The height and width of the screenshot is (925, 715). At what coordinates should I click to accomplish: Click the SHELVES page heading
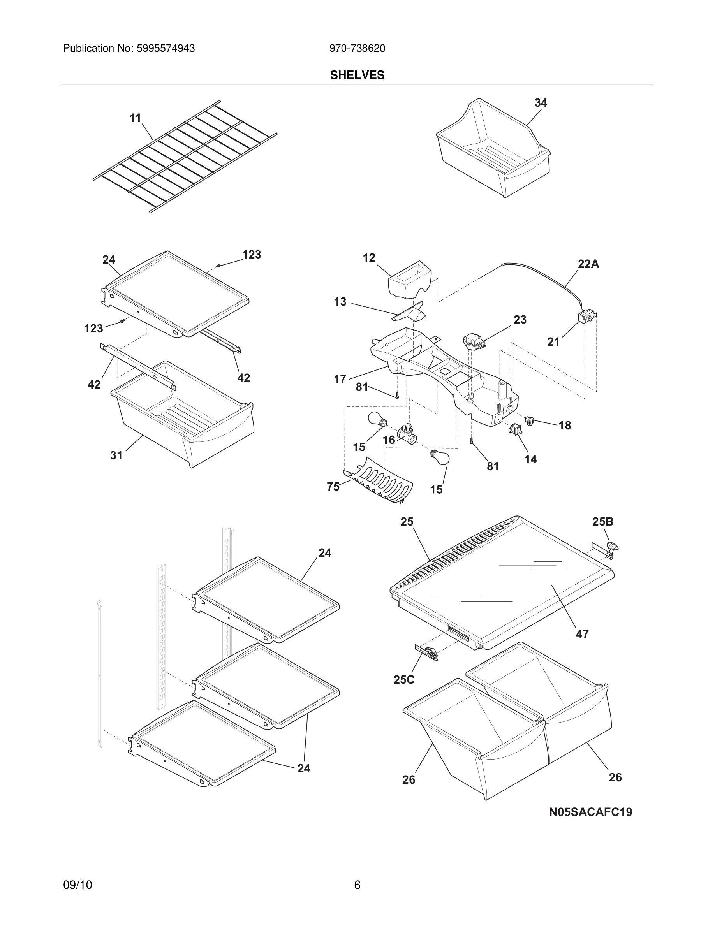click(357, 75)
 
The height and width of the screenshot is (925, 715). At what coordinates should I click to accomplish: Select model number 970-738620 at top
click(357, 49)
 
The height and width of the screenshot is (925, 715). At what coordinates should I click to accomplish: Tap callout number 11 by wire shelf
click(135, 118)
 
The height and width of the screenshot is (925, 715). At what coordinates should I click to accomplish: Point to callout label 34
click(541, 103)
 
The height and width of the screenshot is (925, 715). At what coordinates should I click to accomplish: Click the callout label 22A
click(588, 264)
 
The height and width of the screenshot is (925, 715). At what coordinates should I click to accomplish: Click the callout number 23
click(520, 320)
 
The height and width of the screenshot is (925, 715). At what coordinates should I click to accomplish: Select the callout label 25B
click(602, 522)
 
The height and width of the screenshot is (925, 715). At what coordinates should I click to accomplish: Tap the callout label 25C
click(404, 680)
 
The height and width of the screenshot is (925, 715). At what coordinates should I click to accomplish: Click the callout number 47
click(582, 634)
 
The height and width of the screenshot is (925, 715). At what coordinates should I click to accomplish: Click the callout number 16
click(389, 440)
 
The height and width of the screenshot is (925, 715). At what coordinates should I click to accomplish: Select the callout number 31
click(116, 455)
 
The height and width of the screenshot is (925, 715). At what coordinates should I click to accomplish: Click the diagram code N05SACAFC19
click(590, 812)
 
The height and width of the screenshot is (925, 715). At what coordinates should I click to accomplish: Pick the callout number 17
click(340, 379)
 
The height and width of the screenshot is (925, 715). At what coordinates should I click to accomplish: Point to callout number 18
click(565, 425)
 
